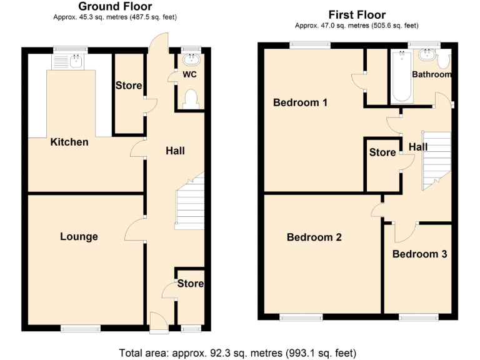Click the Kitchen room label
pyautogui.click(x=69, y=142)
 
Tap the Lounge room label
pyautogui.click(x=79, y=236)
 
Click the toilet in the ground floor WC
pyautogui.click(x=192, y=99)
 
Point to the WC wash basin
pyautogui.click(x=191, y=60)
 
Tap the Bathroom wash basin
pyautogui.click(x=429, y=55)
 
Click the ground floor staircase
pyautogui.click(x=190, y=202)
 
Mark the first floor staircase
pyautogui.click(x=436, y=159)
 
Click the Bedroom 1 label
pyautogui.click(x=300, y=102)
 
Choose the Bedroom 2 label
pyautogui.click(x=314, y=237)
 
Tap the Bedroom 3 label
pyautogui.click(x=419, y=254)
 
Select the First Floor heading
pyautogui.click(x=357, y=15)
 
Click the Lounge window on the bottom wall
pyautogui.click(x=80, y=327)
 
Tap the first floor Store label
pyautogui.click(x=382, y=152)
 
